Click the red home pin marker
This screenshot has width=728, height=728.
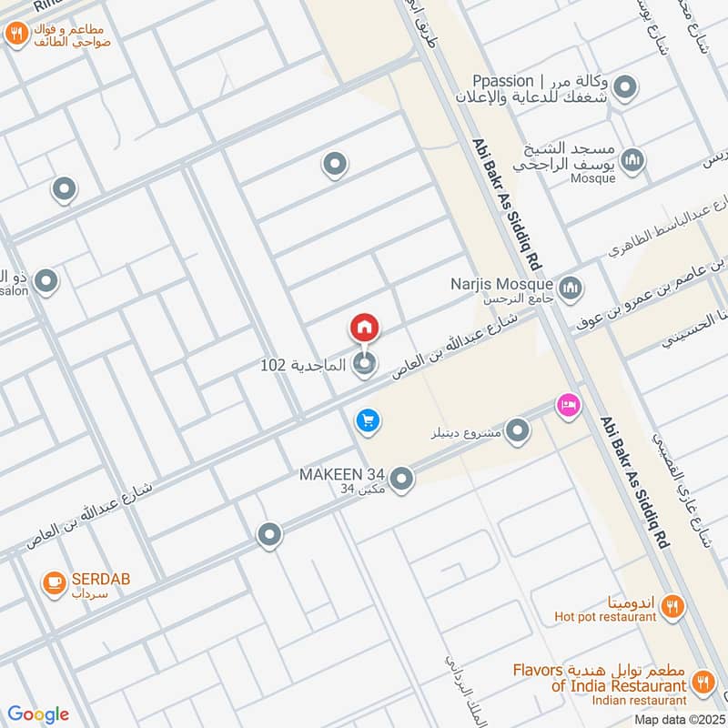coord(364,327)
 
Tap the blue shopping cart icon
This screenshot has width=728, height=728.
coord(368,420)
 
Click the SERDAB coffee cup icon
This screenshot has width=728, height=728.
coord(54,580)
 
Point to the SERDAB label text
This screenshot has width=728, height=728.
coord(92,579)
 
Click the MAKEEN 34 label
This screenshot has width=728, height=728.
coord(342,475)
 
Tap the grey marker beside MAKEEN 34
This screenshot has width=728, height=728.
coord(401,478)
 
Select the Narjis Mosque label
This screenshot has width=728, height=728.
coord(500,283)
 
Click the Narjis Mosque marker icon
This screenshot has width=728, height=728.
coord(571,289)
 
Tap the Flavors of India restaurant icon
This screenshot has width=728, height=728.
coord(703,680)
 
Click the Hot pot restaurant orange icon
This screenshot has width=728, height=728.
coord(672,606)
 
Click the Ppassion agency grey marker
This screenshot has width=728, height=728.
coord(625,88)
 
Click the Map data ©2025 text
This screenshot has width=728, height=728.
coord(679,720)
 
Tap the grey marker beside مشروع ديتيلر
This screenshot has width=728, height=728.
coord(518,430)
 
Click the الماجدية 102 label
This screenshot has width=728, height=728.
coord(303,365)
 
